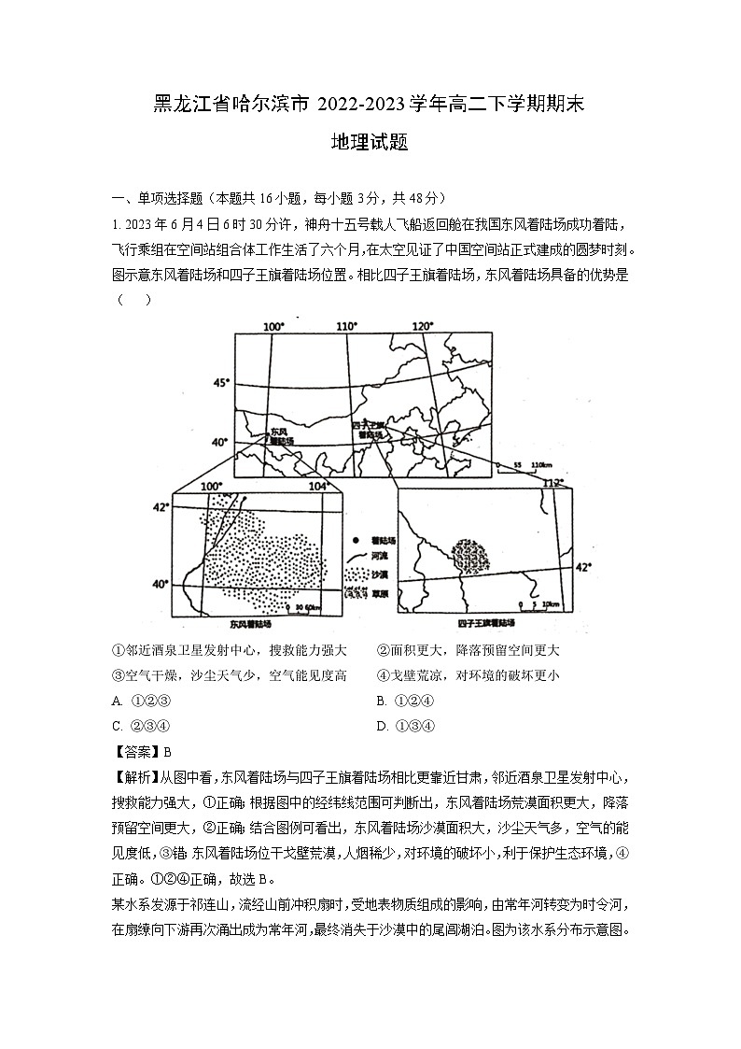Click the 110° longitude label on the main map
pyautogui.click(x=347, y=326)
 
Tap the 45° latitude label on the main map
pyautogui.click(x=220, y=383)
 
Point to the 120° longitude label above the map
pyautogui.click(x=423, y=326)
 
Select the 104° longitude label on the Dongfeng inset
pyautogui.click(x=319, y=486)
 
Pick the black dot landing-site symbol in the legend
pyautogui.click(x=356, y=540)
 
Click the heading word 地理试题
pyautogui.click(x=370, y=143)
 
